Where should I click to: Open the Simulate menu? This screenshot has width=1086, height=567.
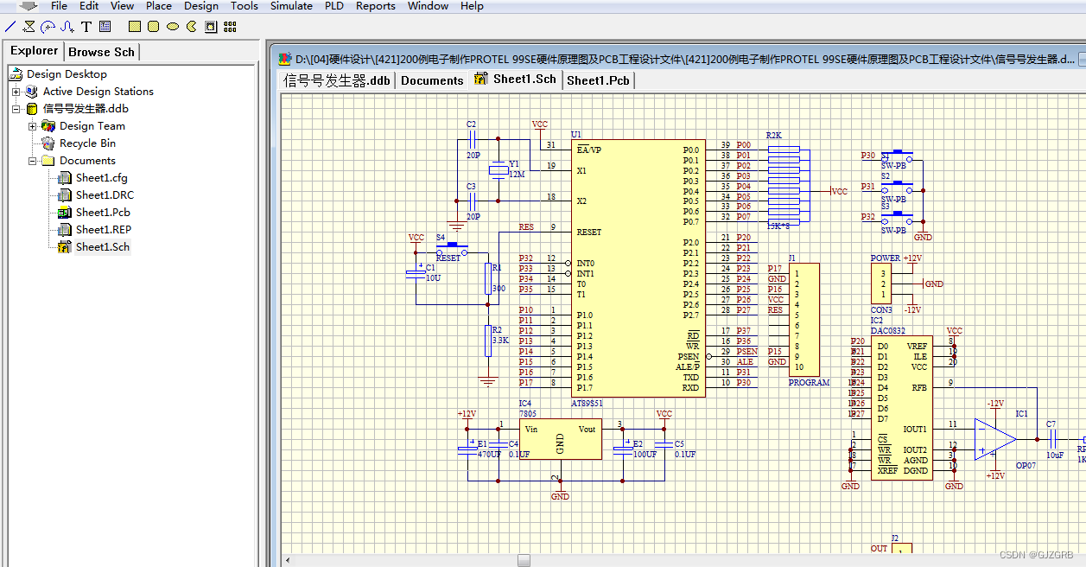[x=291, y=6]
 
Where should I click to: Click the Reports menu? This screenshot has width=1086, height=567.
[x=375, y=6]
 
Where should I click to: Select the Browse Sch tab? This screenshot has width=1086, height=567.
[x=101, y=52]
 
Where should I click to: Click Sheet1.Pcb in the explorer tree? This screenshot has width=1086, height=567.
[x=102, y=213]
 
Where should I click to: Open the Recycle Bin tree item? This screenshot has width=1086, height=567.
[x=86, y=143]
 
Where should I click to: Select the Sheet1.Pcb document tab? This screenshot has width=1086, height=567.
[x=598, y=80]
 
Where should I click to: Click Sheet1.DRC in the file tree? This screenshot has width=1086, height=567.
[x=104, y=195]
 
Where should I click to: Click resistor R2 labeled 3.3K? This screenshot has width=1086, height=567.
[x=488, y=341]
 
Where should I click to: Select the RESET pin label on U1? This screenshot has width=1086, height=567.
[x=589, y=233]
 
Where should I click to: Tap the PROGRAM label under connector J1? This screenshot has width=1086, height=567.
[x=809, y=383]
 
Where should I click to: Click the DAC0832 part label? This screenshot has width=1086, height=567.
[x=887, y=331]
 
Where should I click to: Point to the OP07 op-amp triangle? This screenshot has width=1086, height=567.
[x=994, y=438]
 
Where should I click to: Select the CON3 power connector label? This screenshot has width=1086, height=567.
[x=880, y=310]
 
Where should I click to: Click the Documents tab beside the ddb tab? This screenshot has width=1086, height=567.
[x=432, y=80]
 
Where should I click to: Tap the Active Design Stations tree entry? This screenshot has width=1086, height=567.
[x=98, y=92]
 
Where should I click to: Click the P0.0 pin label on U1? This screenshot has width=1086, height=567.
[x=690, y=150]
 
